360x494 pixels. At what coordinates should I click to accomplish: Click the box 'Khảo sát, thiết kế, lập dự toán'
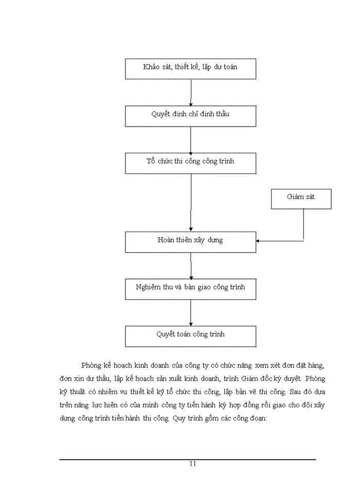(x=190, y=68)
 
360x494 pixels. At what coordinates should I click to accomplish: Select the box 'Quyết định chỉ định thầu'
(x=190, y=116)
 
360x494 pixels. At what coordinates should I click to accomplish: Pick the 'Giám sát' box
(x=301, y=199)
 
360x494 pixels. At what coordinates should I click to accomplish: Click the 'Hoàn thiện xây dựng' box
(x=190, y=241)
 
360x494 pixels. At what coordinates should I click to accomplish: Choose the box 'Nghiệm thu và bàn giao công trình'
(x=190, y=289)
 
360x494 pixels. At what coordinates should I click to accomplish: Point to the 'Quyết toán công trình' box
(x=190, y=336)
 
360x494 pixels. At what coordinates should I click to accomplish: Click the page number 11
(x=192, y=464)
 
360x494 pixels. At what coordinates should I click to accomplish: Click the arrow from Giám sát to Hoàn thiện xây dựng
(x=280, y=240)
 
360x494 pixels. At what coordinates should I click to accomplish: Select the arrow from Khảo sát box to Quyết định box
(x=191, y=93)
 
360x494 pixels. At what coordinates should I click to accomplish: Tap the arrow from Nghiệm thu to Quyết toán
(x=191, y=312)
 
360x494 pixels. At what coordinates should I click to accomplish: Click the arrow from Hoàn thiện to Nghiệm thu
(x=191, y=266)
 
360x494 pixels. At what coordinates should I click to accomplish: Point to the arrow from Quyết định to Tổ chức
(x=191, y=139)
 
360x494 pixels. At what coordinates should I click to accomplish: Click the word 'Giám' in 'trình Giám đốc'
(x=281, y=378)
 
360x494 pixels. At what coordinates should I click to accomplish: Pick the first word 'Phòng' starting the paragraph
(x=92, y=365)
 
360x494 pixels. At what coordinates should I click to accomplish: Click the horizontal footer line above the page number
(x=188, y=459)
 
